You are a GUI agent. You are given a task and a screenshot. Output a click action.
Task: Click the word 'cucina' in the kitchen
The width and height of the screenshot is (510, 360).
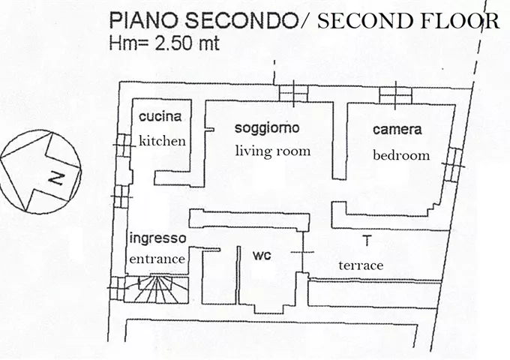pos(160,117)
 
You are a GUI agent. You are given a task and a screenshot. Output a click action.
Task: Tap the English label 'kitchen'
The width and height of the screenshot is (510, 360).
pos(162,141)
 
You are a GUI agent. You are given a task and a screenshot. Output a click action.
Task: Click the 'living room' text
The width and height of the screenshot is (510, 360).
pos(272,151)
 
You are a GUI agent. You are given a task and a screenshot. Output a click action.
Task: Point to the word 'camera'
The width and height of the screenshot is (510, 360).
pos(397,130)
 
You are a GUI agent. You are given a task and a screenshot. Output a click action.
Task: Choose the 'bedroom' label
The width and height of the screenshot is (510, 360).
pos(401,155)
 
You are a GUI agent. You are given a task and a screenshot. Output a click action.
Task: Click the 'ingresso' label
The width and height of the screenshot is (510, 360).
pos(157,238)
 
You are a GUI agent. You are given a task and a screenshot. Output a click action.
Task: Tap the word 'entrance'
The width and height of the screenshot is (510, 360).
pos(157,258)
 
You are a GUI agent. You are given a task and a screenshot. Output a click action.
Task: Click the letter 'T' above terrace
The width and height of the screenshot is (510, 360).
pos(366,241)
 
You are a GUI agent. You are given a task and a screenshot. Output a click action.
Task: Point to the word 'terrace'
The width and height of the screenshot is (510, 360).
pos(361,265)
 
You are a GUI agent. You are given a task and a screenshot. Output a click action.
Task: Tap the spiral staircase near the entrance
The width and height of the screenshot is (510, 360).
pos(157,289)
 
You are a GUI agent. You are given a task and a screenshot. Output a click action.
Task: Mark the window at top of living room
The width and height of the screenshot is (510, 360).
pos(292,93)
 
